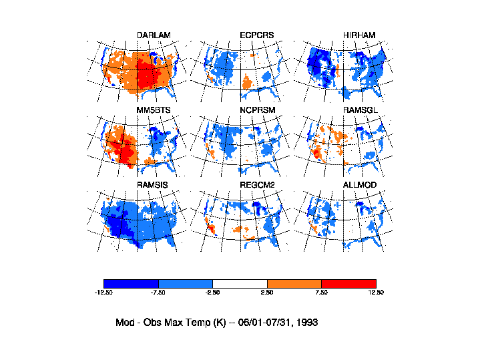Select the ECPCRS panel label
(256, 35)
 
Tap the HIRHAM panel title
(359, 35)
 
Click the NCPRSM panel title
(257, 110)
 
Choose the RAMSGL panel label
(360, 110)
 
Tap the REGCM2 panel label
(257, 184)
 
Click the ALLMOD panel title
(360, 184)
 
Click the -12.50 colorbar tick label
(103, 293)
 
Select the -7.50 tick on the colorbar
(158, 293)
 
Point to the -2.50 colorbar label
(212, 293)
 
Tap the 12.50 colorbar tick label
(376, 293)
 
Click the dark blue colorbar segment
(131, 283)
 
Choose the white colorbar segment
(240, 283)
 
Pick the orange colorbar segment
(294, 283)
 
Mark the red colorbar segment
(348, 283)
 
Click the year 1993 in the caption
(306, 322)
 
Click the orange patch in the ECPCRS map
(246, 83)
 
